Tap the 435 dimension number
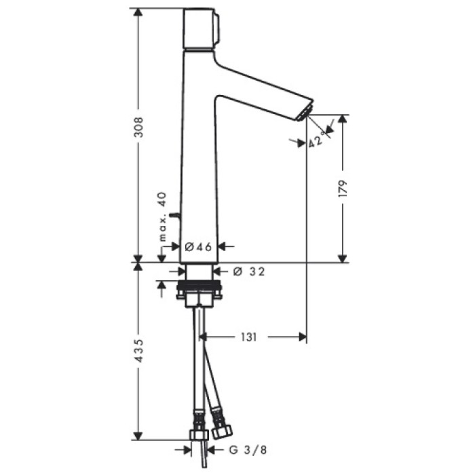pos(138,351)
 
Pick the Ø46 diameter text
pos(199,247)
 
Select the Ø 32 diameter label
pos(248,271)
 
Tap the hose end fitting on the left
pos(199,434)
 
